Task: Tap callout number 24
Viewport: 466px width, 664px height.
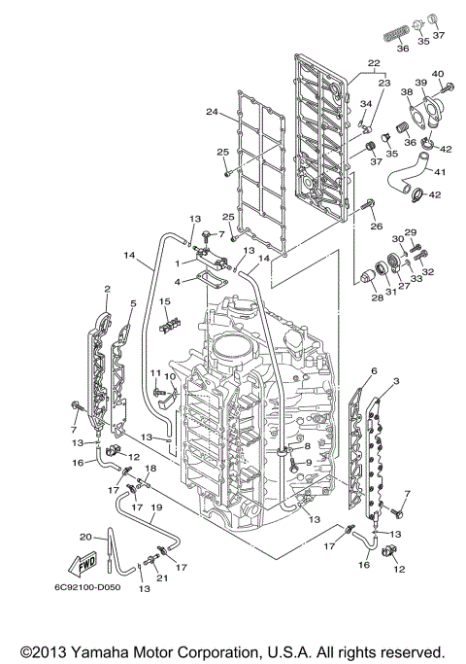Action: [212, 112]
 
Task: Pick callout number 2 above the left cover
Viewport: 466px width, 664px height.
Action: [107, 289]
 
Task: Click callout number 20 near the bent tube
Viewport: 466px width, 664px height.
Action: [85, 537]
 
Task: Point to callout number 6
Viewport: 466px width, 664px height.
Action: [374, 370]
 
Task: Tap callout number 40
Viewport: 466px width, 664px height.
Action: [437, 74]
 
